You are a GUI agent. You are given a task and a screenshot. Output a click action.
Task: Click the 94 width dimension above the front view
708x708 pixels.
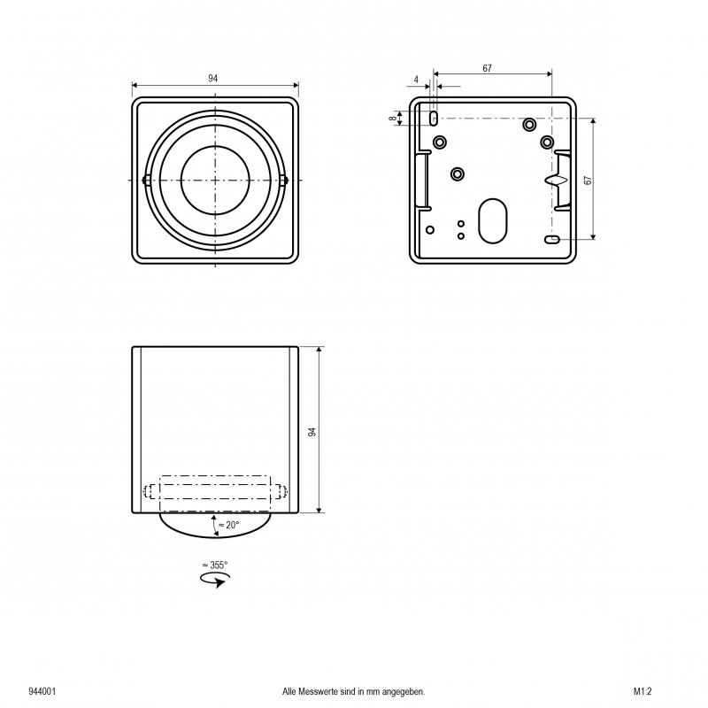pyautogui.click(x=212, y=79)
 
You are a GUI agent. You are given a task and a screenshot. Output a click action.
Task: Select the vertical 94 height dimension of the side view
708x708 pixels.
pyautogui.click(x=312, y=432)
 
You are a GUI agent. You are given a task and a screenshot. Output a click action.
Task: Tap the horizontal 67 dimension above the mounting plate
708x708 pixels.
pyautogui.click(x=487, y=69)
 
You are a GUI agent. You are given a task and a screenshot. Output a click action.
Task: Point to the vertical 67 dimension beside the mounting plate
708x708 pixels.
pyautogui.click(x=588, y=180)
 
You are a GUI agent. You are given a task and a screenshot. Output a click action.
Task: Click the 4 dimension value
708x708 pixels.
pyautogui.click(x=416, y=80)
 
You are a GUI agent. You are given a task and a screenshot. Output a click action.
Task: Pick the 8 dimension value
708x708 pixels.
pyautogui.click(x=394, y=119)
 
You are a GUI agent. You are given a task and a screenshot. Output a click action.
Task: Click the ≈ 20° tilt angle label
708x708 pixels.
pyautogui.click(x=228, y=525)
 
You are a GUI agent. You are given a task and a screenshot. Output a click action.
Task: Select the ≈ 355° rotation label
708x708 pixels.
pyautogui.click(x=215, y=565)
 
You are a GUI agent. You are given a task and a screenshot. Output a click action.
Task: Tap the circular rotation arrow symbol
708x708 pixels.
pyautogui.click(x=215, y=580)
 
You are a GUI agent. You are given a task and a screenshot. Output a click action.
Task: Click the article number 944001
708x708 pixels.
pyautogui.click(x=42, y=691)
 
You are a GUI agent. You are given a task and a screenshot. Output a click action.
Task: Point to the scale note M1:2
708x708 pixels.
pyautogui.click(x=643, y=691)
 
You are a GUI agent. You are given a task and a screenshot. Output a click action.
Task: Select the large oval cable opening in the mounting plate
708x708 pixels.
pyautogui.click(x=493, y=221)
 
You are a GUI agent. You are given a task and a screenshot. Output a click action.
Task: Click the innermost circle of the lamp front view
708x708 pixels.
pyautogui.click(x=215, y=181)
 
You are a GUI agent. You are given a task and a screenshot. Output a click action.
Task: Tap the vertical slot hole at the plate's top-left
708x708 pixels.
pyautogui.click(x=434, y=119)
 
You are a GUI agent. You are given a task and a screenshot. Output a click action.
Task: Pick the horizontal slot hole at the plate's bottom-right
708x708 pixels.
pyautogui.click(x=552, y=239)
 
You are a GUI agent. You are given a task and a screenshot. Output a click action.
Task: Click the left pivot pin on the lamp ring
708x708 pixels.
pyautogui.click(x=145, y=181)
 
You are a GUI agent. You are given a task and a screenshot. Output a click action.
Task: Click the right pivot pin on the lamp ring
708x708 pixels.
pyautogui.click(x=284, y=181)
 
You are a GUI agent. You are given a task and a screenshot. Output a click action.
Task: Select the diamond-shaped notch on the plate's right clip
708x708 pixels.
pyautogui.click(x=556, y=181)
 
